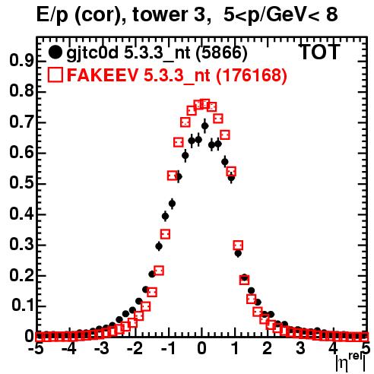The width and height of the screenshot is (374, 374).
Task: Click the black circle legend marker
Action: pyautogui.click(x=55, y=52)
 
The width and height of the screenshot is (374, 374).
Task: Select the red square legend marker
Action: pyautogui.click(x=55, y=74)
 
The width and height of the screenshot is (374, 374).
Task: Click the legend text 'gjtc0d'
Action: pyautogui.click(x=93, y=53)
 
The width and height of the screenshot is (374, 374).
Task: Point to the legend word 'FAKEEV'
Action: pyautogui.click(x=103, y=75)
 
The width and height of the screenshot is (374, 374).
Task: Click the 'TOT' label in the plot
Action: pyautogui.click(x=320, y=52)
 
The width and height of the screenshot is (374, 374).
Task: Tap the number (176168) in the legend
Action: pyautogui.click(x=251, y=75)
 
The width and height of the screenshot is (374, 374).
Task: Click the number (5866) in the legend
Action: pyautogui.click(x=222, y=53)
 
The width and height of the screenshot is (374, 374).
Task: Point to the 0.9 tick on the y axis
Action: pyautogui.click(x=21, y=61)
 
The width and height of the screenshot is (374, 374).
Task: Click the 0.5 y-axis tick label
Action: pyautogui.click(x=21, y=183)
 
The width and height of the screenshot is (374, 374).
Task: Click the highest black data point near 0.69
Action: pyautogui.click(x=204, y=126)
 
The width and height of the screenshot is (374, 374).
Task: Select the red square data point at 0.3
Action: pyautogui.click(x=238, y=246)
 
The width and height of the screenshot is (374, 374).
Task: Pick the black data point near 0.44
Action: pyautogui.click(x=172, y=204)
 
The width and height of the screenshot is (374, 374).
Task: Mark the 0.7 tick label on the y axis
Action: pyautogui.click(x=21, y=122)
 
